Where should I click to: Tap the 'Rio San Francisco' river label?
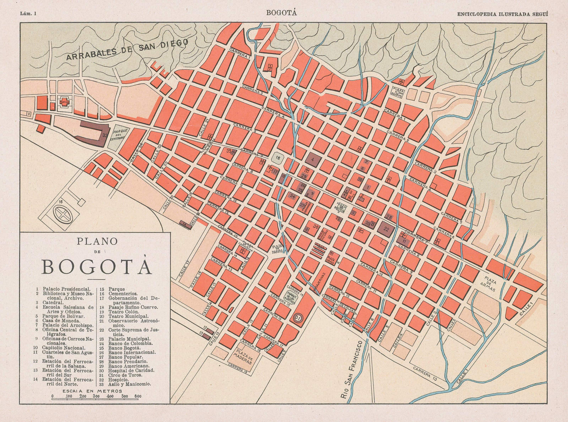tap(353, 370)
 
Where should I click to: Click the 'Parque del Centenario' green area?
tap(119, 137)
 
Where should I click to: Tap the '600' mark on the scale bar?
tap(138, 396)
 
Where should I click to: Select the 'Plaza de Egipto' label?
tap(397, 92)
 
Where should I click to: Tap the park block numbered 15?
tap(278, 158)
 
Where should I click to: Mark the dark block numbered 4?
tap(312, 159)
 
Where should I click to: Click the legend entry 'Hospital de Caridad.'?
tap(131, 370)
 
